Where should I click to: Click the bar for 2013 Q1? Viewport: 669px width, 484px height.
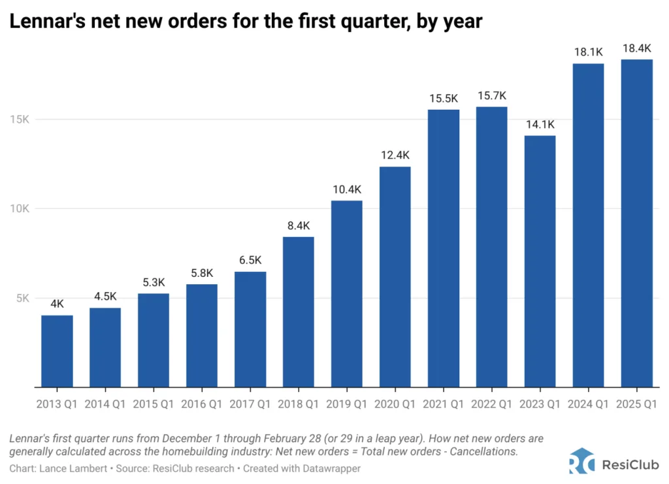(x=57, y=351)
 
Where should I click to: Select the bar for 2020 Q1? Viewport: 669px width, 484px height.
(x=395, y=277)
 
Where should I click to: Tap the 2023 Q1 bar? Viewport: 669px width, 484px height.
(x=540, y=261)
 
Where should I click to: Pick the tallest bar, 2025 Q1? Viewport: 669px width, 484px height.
(x=637, y=223)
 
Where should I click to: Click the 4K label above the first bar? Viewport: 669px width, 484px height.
(x=57, y=304)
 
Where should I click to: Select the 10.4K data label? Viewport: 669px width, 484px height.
(x=347, y=189)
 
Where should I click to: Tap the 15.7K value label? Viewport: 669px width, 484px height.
(x=492, y=95)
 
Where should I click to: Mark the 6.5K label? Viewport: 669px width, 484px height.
(x=250, y=260)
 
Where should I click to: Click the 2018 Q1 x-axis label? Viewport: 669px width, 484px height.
(x=299, y=404)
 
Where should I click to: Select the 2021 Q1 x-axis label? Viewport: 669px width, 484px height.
(x=444, y=404)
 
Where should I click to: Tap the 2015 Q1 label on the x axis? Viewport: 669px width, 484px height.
(x=154, y=404)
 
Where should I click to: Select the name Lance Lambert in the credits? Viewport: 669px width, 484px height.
(x=69, y=468)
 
